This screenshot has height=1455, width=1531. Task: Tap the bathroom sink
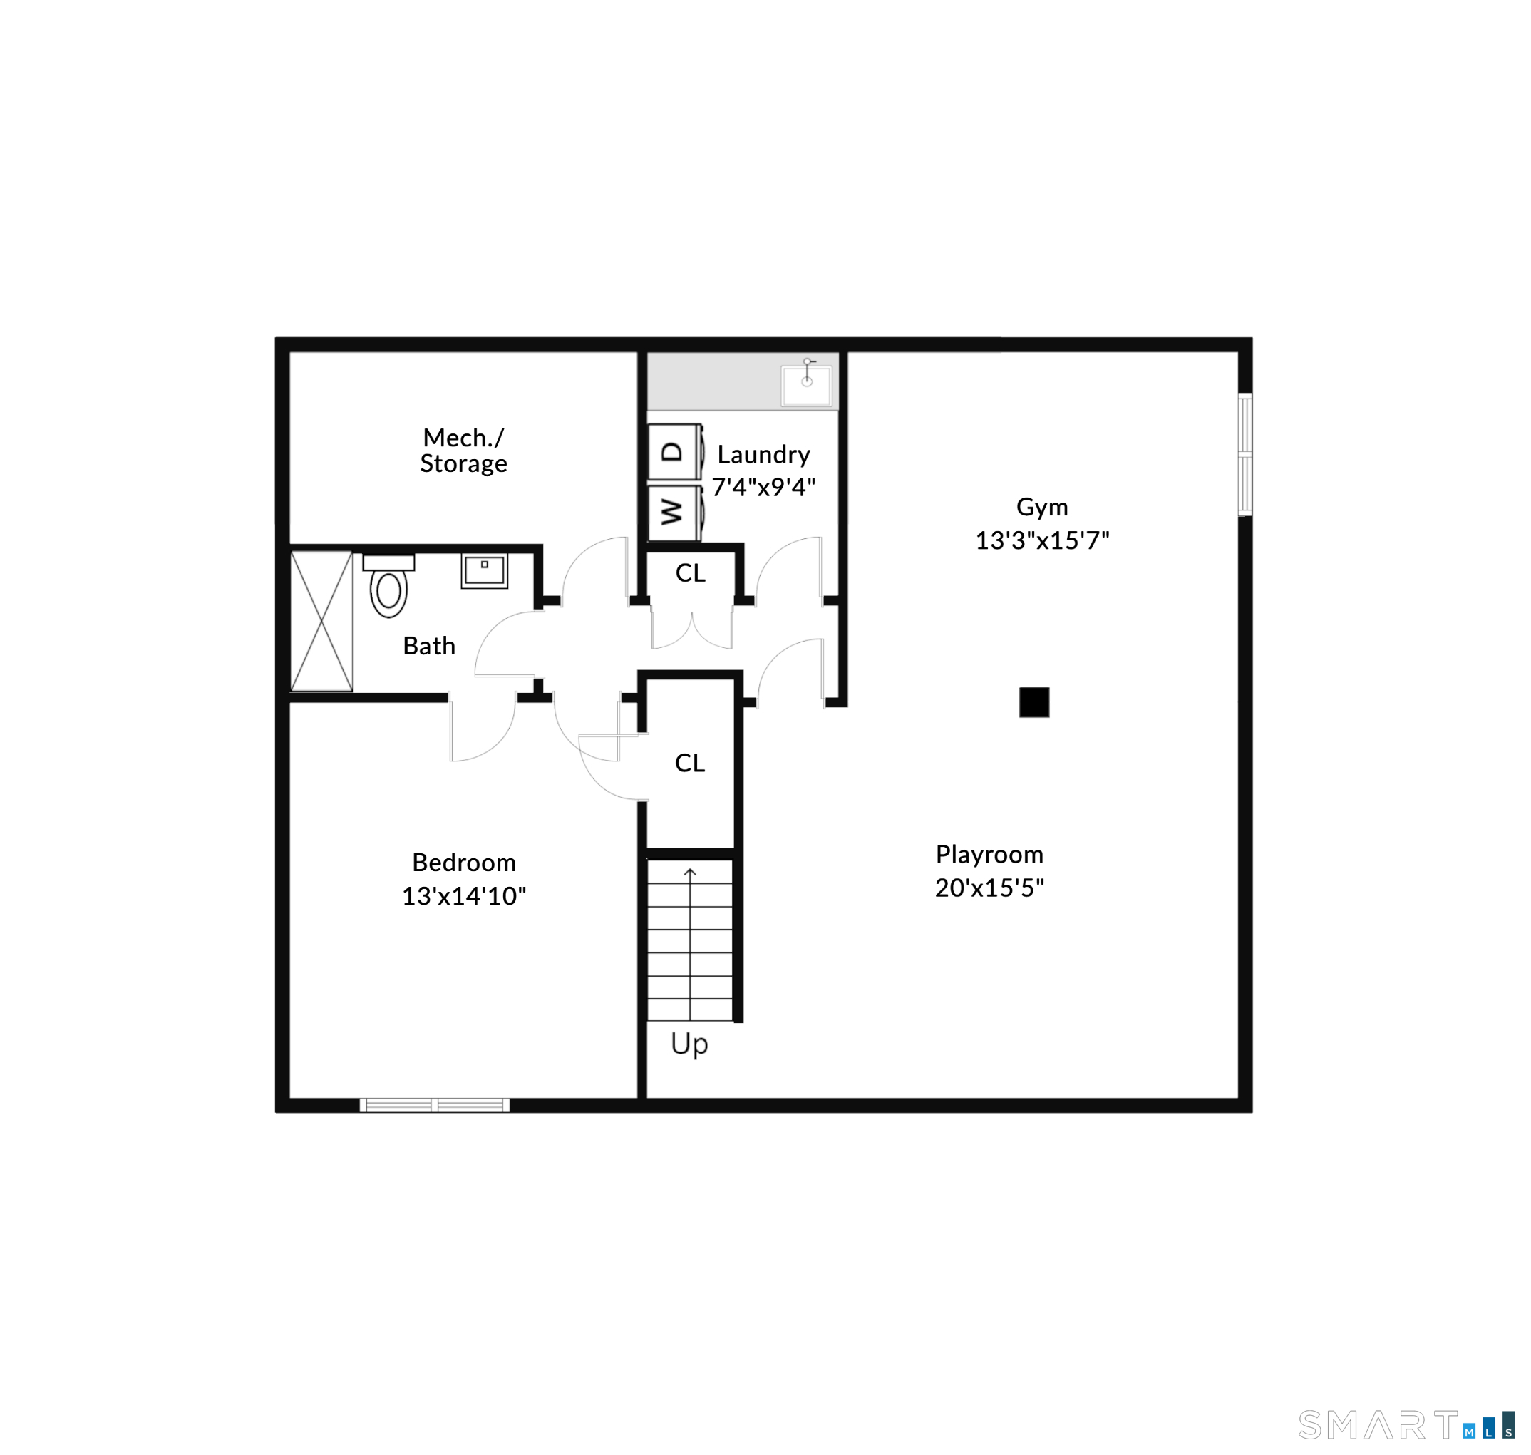tap(484, 571)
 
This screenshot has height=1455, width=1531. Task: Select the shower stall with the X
tap(321, 620)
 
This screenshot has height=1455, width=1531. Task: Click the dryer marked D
tap(675, 451)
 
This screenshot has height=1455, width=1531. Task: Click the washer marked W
tap(675, 513)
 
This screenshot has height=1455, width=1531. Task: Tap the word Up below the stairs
tap(689, 1044)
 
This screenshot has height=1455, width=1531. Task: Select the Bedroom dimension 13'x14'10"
tap(464, 896)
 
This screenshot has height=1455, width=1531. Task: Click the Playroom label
tap(989, 854)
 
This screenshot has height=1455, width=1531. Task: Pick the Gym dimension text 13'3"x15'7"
tap(1041, 540)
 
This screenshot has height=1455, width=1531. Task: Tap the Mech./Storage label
tap(464, 450)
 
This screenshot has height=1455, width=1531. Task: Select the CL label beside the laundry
tap(690, 572)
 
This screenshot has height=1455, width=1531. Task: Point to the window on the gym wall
tap(1244, 455)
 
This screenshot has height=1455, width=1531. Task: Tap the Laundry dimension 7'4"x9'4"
tap(763, 486)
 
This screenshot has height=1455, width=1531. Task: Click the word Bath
tap(429, 645)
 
